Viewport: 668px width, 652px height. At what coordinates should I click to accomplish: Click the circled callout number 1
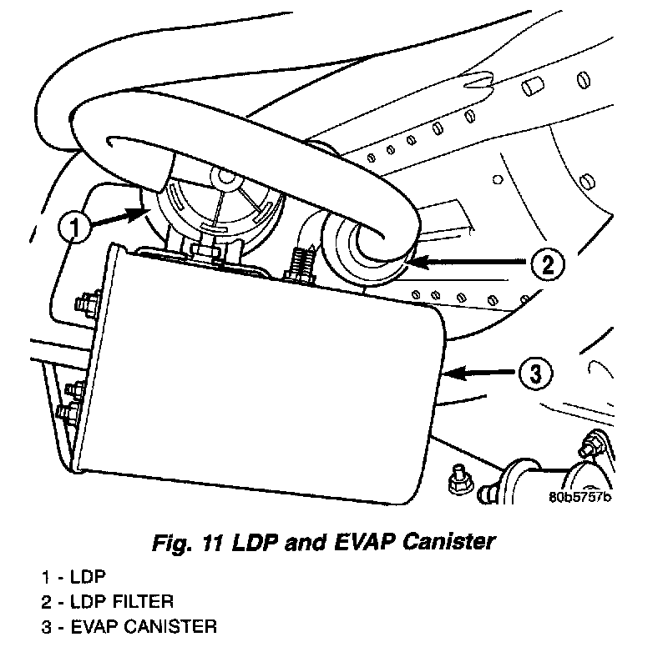click(x=76, y=226)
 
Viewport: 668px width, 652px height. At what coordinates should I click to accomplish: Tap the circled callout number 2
click(x=547, y=264)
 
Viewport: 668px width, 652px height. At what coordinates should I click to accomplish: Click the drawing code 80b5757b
click(x=580, y=499)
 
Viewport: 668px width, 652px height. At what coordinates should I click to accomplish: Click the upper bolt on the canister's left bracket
click(x=87, y=300)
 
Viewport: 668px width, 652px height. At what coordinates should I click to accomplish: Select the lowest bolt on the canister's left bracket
click(x=64, y=411)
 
